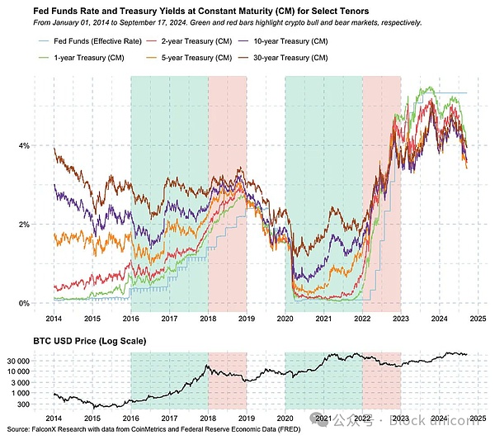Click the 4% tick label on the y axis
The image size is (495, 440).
pyautogui.click(x=24, y=146)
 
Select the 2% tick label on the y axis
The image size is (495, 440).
pyautogui.click(x=24, y=225)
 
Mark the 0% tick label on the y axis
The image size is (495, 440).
pyautogui.click(x=24, y=303)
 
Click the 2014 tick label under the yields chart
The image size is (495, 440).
pyautogui.click(x=54, y=318)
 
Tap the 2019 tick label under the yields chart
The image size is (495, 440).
pyautogui.click(x=246, y=318)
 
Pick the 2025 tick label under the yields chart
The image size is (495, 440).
pyautogui.click(x=477, y=318)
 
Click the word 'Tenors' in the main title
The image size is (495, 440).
pyautogui.click(x=341, y=11)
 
